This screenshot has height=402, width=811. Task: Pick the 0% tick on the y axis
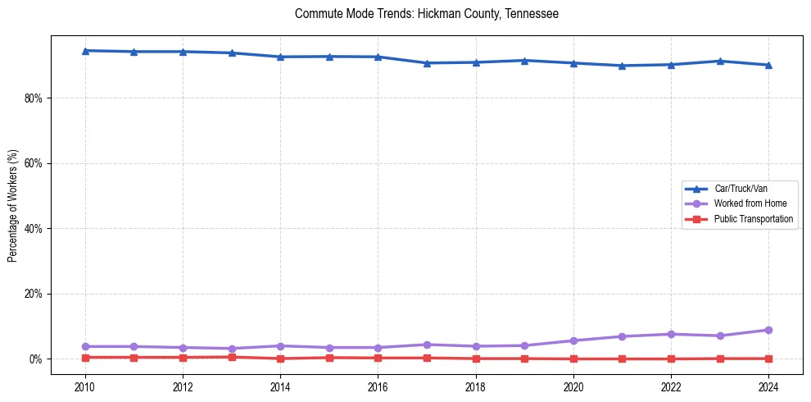[x=35, y=359]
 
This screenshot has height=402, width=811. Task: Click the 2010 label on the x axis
[x=85, y=386]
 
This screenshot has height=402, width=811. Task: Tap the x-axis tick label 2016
[x=378, y=386]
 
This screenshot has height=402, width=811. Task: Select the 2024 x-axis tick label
[x=768, y=386]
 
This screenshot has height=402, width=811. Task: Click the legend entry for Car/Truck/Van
[x=741, y=189]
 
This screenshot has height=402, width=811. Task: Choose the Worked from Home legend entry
[x=750, y=203]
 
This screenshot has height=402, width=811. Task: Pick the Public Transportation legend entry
[x=753, y=219]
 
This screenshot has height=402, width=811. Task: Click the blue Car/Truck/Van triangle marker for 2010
[x=85, y=51]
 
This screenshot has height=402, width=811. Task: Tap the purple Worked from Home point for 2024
[x=768, y=330]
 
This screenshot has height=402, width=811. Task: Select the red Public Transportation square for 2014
[x=280, y=359]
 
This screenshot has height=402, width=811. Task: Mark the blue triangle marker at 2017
[x=427, y=63]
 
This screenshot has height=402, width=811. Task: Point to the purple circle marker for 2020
[x=573, y=340]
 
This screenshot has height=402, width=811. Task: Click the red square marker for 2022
[x=671, y=359]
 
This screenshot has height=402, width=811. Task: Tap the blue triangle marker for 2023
[x=720, y=61]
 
